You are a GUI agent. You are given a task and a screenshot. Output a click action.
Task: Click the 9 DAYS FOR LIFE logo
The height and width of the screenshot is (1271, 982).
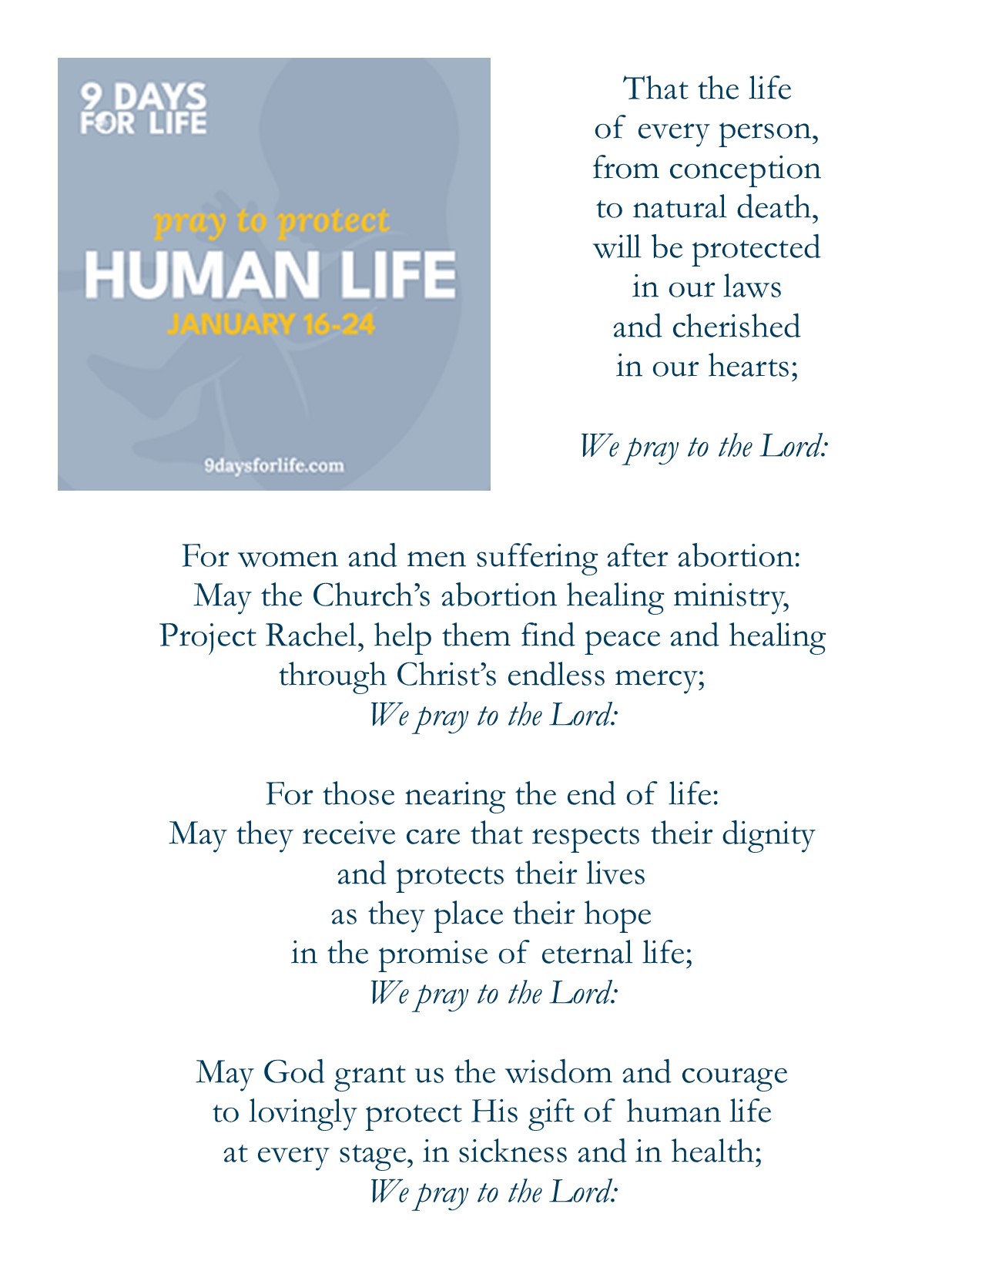click(143, 109)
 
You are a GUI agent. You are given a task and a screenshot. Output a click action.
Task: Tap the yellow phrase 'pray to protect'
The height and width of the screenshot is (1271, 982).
click(272, 221)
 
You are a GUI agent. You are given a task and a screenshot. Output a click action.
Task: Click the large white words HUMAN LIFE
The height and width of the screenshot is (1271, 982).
click(270, 275)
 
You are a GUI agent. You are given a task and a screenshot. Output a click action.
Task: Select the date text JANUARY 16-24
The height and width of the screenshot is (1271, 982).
click(271, 324)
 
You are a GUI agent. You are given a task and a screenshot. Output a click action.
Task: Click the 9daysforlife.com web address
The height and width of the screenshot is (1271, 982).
click(274, 465)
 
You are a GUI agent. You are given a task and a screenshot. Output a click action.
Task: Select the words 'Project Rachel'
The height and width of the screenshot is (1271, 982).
click(257, 636)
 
